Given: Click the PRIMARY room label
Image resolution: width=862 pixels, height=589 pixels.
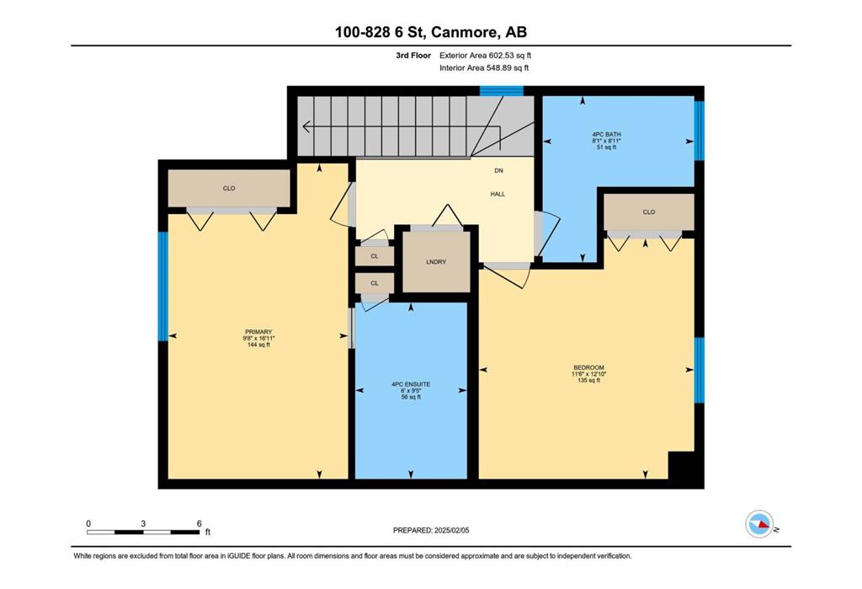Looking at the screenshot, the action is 258,332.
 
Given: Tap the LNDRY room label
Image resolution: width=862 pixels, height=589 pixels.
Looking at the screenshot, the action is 436,262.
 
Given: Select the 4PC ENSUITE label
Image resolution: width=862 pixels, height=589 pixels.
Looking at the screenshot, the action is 411,384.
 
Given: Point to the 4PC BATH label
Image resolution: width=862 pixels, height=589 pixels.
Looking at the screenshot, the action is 606,134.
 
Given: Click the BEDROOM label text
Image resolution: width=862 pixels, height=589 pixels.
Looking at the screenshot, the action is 588,367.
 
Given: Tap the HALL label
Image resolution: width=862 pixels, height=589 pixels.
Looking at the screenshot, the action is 498,194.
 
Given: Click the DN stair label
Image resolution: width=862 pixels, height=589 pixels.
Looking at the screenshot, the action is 498,171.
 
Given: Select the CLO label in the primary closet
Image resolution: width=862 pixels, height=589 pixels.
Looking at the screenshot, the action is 229,188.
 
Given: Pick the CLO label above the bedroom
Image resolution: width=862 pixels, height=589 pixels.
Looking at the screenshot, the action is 649,212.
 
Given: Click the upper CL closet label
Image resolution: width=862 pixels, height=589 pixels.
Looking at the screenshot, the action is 375,256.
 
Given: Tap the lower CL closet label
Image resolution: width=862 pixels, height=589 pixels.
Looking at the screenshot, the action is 375,283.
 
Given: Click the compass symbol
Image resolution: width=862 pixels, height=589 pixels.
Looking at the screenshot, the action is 760,524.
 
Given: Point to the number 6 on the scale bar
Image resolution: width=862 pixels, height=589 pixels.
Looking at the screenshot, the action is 199,523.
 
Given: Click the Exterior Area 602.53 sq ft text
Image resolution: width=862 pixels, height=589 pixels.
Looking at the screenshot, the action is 486,55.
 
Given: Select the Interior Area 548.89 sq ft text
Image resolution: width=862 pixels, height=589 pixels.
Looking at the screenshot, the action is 484,68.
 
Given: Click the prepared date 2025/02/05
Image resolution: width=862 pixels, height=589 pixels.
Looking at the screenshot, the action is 452,530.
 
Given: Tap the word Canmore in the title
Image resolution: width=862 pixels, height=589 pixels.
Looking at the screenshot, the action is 462,32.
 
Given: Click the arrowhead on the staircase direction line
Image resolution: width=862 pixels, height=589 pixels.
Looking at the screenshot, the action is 306,126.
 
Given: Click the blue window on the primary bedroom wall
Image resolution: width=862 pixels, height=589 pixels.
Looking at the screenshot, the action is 162,286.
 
